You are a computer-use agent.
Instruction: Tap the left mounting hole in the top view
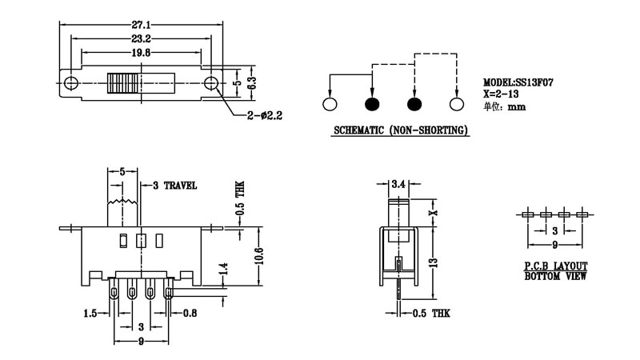click(x=72, y=83)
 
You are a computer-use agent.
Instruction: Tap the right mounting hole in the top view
click(x=212, y=83)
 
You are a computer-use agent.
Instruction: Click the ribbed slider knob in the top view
click(x=125, y=83)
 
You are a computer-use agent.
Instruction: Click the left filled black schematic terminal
click(x=371, y=105)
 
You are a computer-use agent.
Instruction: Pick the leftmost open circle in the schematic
click(x=329, y=105)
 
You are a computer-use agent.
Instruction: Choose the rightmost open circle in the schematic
click(x=457, y=105)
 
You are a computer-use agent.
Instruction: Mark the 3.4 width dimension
click(x=398, y=185)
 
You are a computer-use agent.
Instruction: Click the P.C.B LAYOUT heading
click(x=555, y=266)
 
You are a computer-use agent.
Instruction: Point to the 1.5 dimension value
click(x=89, y=313)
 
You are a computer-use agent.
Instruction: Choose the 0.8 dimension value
click(x=191, y=313)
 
